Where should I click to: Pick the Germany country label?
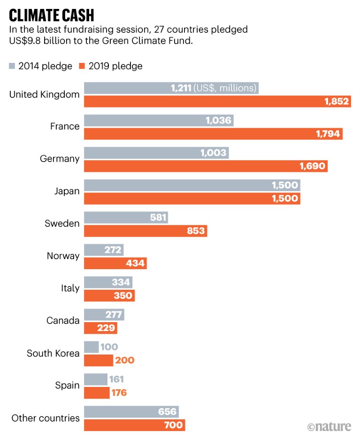(x=60, y=159)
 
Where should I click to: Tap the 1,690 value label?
(x=312, y=166)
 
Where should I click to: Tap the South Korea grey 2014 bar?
(x=91, y=347)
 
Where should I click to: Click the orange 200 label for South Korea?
(x=124, y=360)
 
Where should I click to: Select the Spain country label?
(x=67, y=386)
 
